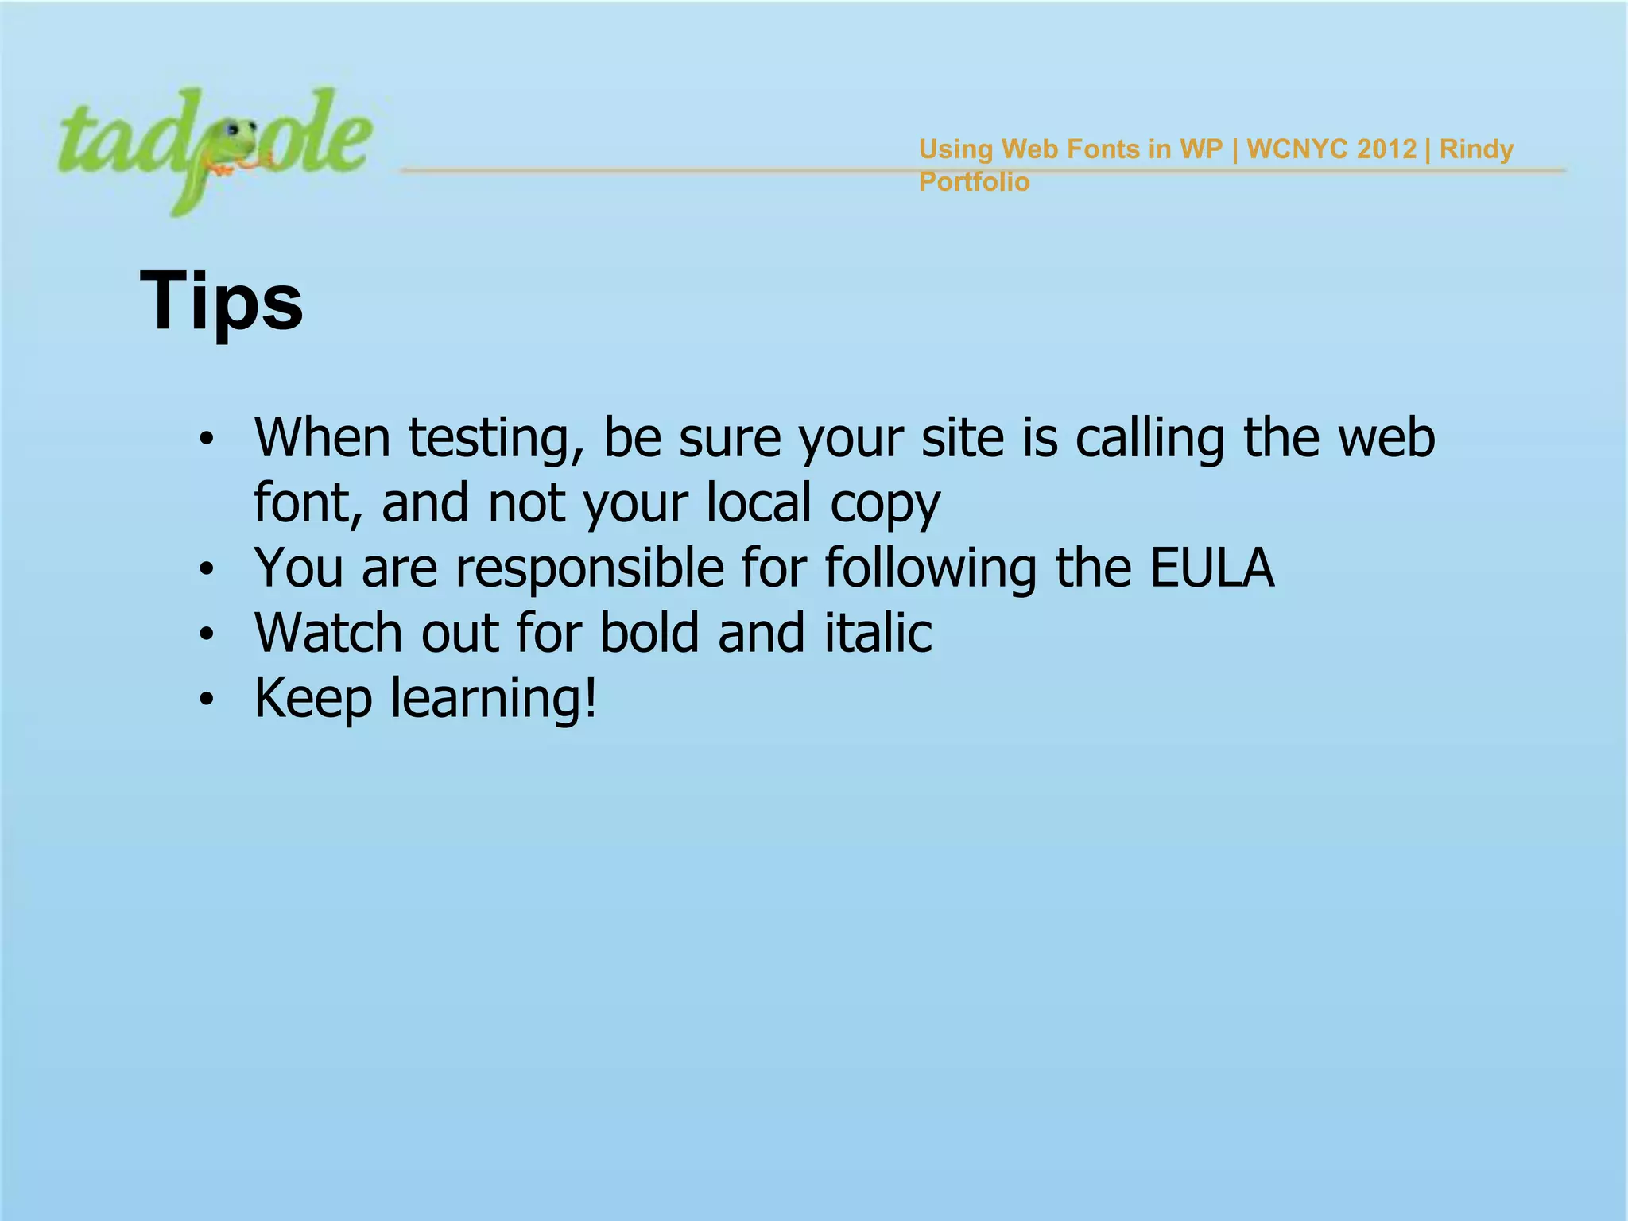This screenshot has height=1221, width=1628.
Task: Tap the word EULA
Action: [1212, 568]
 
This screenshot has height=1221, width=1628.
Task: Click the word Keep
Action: [313, 698]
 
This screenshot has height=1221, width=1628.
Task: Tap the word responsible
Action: [590, 568]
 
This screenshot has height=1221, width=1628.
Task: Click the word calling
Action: [1149, 440]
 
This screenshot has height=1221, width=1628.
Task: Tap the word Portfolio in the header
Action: [974, 182]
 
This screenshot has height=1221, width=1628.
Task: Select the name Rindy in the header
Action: [1476, 149]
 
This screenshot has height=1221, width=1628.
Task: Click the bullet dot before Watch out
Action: [207, 634]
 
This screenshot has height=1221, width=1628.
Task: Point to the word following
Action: [930, 569]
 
